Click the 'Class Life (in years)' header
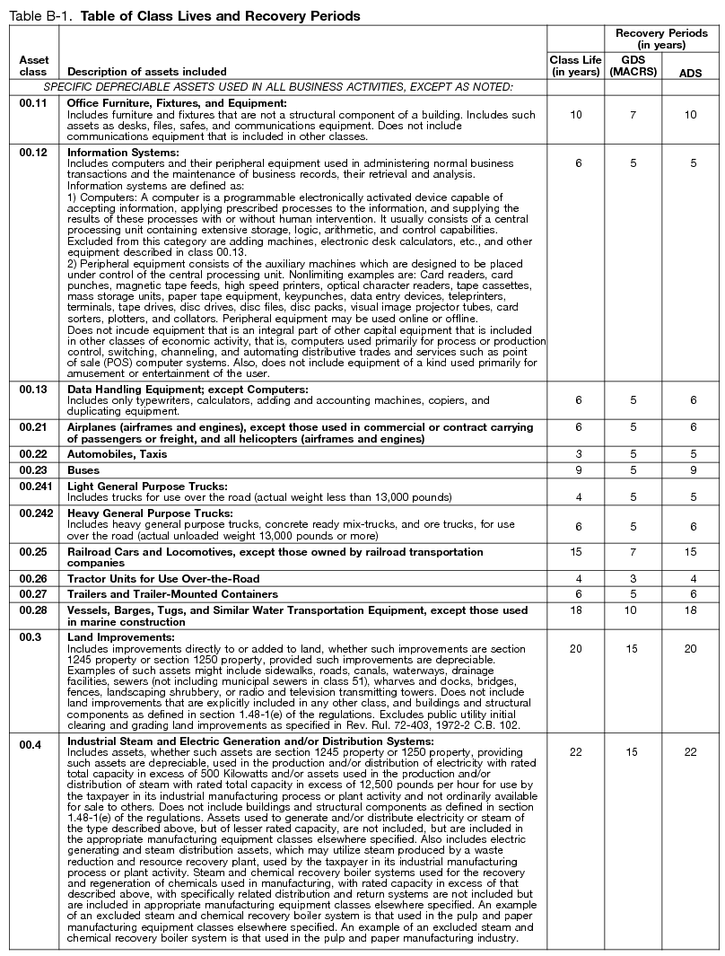[575, 66]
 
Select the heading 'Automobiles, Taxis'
[118, 454]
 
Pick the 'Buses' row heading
[84, 469]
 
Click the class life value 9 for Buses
[575, 469]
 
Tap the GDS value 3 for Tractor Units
[633, 578]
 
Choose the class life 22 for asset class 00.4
[575, 752]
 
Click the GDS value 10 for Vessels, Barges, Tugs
[633, 610]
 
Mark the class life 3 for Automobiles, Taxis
[575, 454]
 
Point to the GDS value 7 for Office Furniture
[633, 115]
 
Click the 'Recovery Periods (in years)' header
[661, 39]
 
